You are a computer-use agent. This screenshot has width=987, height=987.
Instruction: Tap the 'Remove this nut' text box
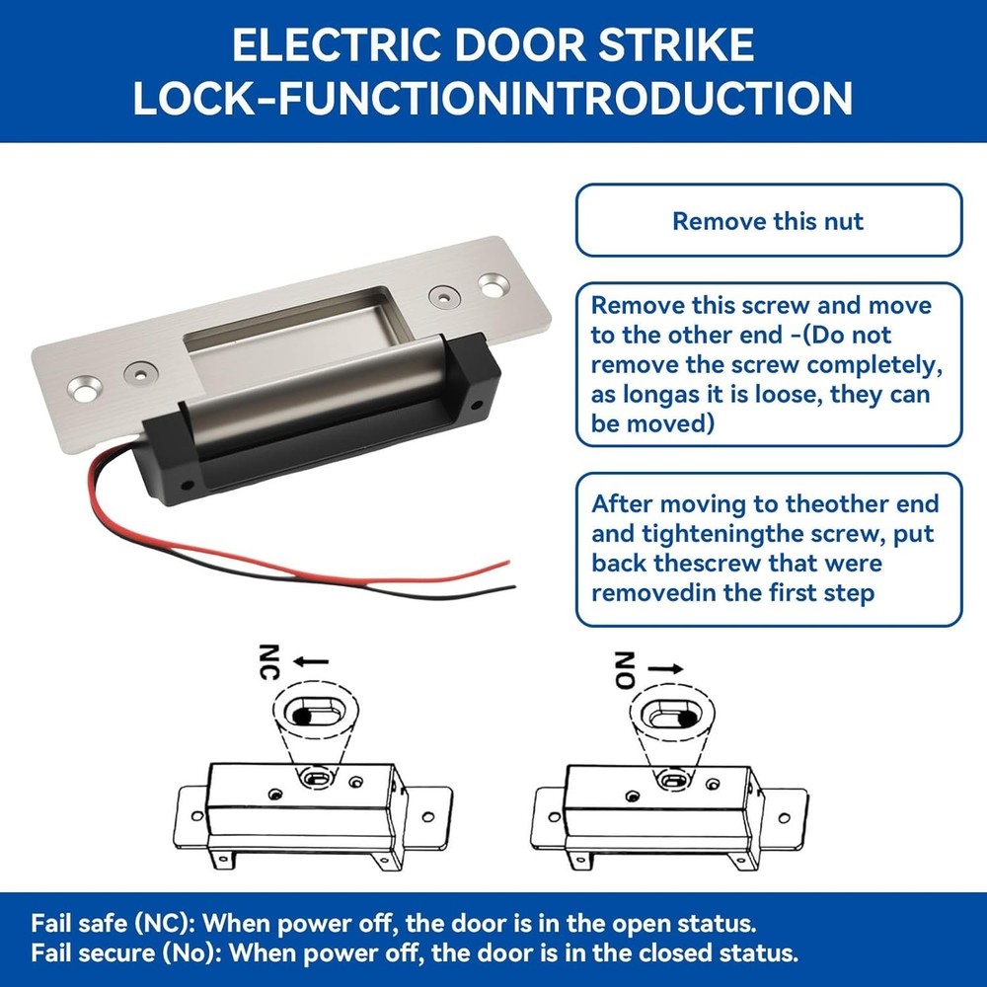[768, 220]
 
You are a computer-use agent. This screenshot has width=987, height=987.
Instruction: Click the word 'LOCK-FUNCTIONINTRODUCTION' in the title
[493, 99]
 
